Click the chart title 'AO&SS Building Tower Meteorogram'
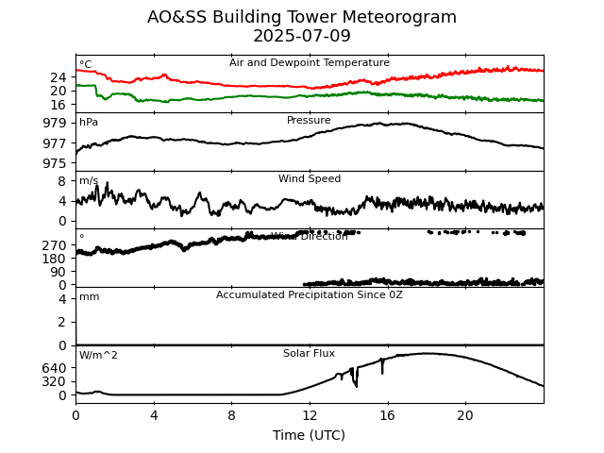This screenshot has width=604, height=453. point(302,17)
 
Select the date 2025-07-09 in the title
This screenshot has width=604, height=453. point(302,36)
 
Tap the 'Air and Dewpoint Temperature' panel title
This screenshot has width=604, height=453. point(310,63)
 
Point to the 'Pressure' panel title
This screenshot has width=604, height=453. point(310,121)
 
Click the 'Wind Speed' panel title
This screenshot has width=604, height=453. point(310,179)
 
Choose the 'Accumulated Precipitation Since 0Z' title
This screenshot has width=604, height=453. point(310,295)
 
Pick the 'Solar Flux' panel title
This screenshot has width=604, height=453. point(310,354)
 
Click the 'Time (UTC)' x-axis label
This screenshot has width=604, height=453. point(310,435)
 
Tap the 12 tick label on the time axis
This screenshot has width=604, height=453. point(310,415)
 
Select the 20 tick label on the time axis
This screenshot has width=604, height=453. point(465,415)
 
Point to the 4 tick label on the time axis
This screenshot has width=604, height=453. point(154,415)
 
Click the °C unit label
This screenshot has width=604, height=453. point(86,65)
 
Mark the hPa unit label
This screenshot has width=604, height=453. point(89,123)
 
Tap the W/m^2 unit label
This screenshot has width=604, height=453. point(98,356)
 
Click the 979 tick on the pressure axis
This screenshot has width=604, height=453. point(55,123)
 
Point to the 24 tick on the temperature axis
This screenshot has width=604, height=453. point(59,77)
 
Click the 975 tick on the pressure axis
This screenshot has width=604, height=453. point(55,163)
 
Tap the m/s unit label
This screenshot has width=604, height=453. point(89,181)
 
